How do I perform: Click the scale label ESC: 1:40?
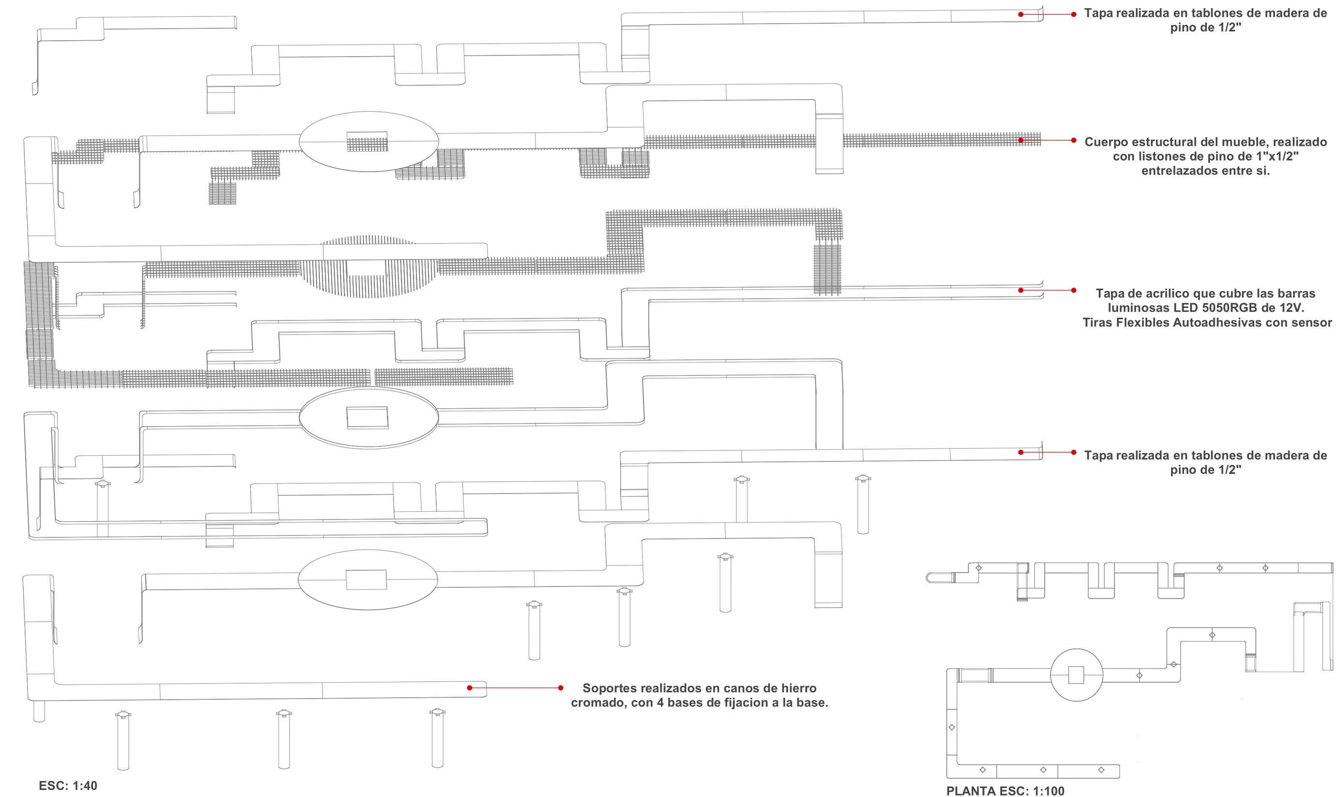[68, 786]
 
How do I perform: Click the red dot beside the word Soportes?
[561, 688]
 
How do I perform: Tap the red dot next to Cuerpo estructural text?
[1073, 140]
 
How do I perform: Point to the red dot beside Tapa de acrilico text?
[1073, 291]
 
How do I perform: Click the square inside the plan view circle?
[1076, 675]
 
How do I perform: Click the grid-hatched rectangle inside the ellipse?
[367, 142]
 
